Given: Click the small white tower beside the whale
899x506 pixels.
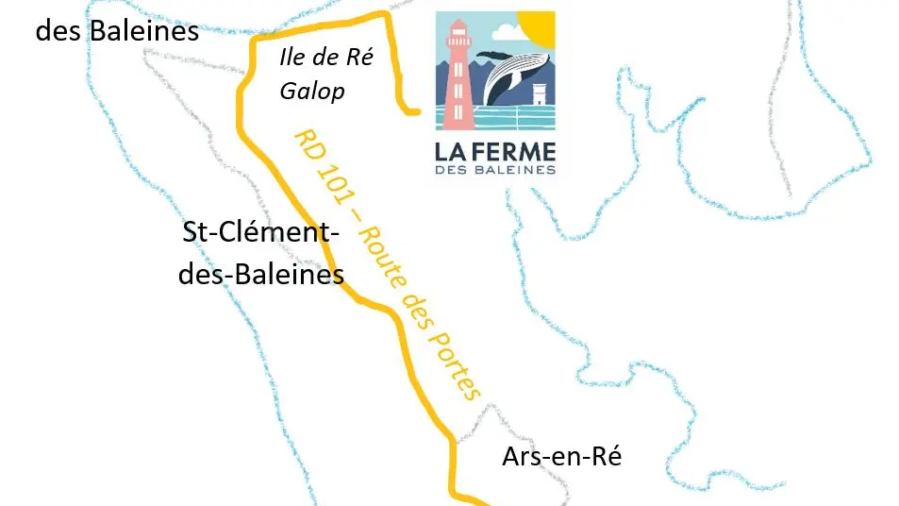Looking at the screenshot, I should [540, 98].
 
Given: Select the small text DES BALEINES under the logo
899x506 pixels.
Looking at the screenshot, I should [495, 170].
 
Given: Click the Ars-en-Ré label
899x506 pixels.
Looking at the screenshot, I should [561, 457].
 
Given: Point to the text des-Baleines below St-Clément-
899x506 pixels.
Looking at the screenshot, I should [260, 276].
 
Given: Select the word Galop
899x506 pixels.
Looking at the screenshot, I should [312, 92].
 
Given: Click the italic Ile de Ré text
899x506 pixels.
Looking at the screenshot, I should [326, 59].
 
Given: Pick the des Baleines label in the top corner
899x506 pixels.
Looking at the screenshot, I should [117, 30].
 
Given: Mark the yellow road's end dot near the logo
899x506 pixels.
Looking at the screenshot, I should [415, 112].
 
